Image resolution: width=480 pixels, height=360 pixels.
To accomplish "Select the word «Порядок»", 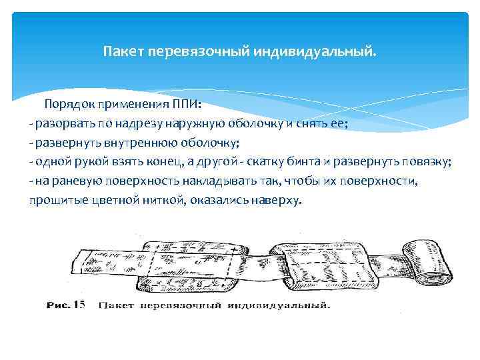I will tap(70, 105).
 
